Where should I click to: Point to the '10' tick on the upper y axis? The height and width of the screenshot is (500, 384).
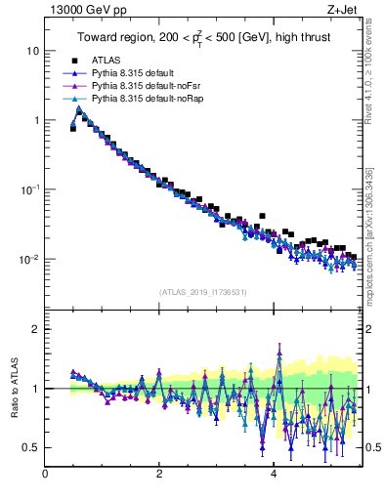(32, 50)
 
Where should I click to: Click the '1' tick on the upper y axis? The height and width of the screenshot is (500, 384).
(35, 120)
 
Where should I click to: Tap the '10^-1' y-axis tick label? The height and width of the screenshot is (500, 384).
(29, 189)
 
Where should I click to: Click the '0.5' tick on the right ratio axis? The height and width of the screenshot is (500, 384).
(373, 447)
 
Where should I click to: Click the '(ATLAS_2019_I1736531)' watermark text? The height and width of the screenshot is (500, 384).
(203, 292)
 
